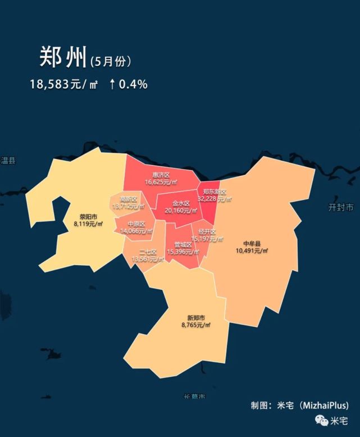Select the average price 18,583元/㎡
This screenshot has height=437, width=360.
pyautogui.click(x=63, y=84)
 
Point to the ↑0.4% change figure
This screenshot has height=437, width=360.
pyautogui.click(x=128, y=84)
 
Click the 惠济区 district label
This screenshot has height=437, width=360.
pyautogui.click(x=161, y=175)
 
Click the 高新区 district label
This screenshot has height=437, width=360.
pyautogui.click(x=129, y=199)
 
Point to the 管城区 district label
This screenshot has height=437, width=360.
pyautogui.click(x=183, y=244)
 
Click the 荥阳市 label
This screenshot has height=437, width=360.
pyautogui.click(x=88, y=216)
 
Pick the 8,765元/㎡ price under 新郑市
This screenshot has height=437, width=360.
pyautogui.click(x=196, y=325)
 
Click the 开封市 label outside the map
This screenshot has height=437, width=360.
pyautogui.click(x=341, y=207)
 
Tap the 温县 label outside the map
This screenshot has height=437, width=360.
pyautogui.click(x=8, y=161)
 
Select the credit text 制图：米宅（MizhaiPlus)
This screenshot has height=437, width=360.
pyautogui.click(x=299, y=405)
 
